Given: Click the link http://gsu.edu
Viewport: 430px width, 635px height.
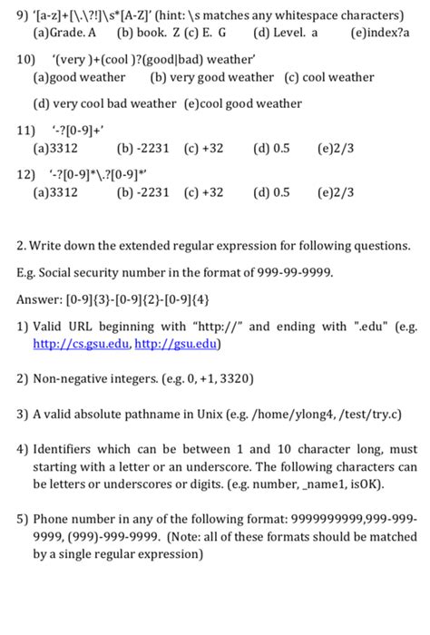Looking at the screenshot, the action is (x=171, y=344).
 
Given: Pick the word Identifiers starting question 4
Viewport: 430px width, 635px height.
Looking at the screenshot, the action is (x=66, y=448).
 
